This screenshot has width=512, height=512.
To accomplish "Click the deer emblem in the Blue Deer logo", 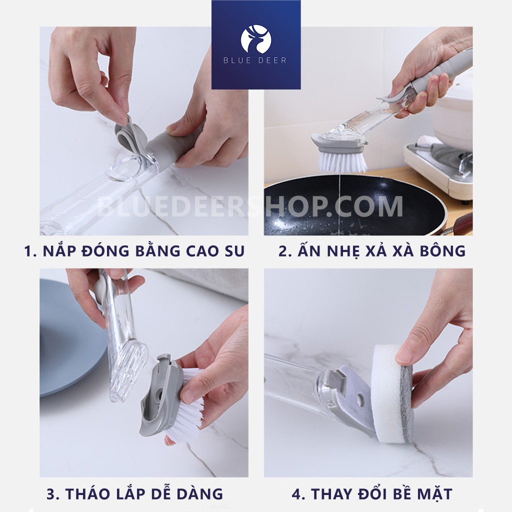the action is pyautogui.click(x=256, y=39).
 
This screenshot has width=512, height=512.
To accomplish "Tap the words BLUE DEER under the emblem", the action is pyautogui.click(x=255, y=60).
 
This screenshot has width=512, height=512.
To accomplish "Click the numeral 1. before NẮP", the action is pyautogui.click(x=30, y=251).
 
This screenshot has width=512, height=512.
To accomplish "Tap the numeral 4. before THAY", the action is pyautogui.click(x=298, y=494).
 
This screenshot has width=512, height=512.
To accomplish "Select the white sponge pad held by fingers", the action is pyautogui.click(x=387, y=393).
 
